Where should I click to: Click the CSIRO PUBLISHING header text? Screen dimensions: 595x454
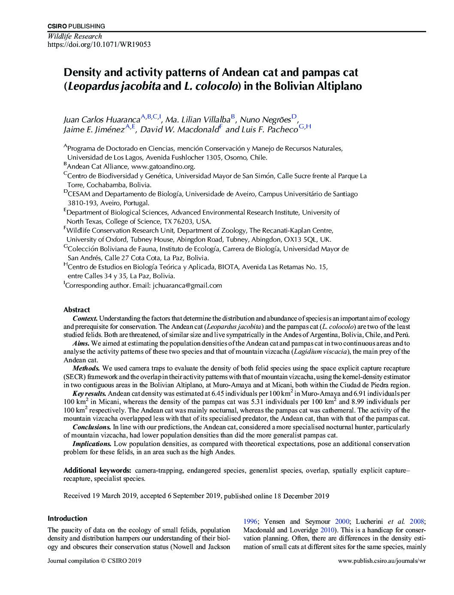76,26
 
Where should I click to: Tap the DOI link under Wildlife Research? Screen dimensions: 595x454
99,44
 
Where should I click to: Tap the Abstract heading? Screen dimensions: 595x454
77,310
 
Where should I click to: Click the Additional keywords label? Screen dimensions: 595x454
97,471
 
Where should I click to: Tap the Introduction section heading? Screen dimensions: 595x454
67,518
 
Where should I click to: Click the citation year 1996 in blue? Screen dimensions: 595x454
250,522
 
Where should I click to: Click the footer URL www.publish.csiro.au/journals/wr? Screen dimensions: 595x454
382,561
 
